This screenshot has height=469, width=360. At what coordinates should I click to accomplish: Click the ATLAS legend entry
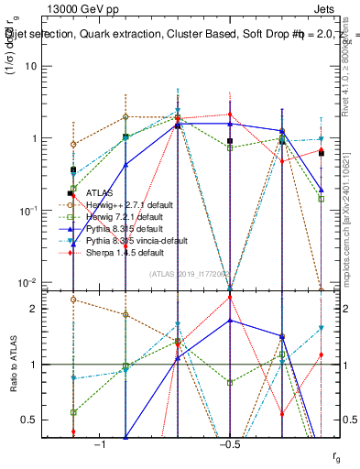coord(100,193)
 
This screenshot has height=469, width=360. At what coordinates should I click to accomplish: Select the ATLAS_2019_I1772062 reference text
coord(189,273)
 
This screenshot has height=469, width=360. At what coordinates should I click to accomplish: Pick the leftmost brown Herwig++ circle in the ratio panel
coord(73,300)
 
